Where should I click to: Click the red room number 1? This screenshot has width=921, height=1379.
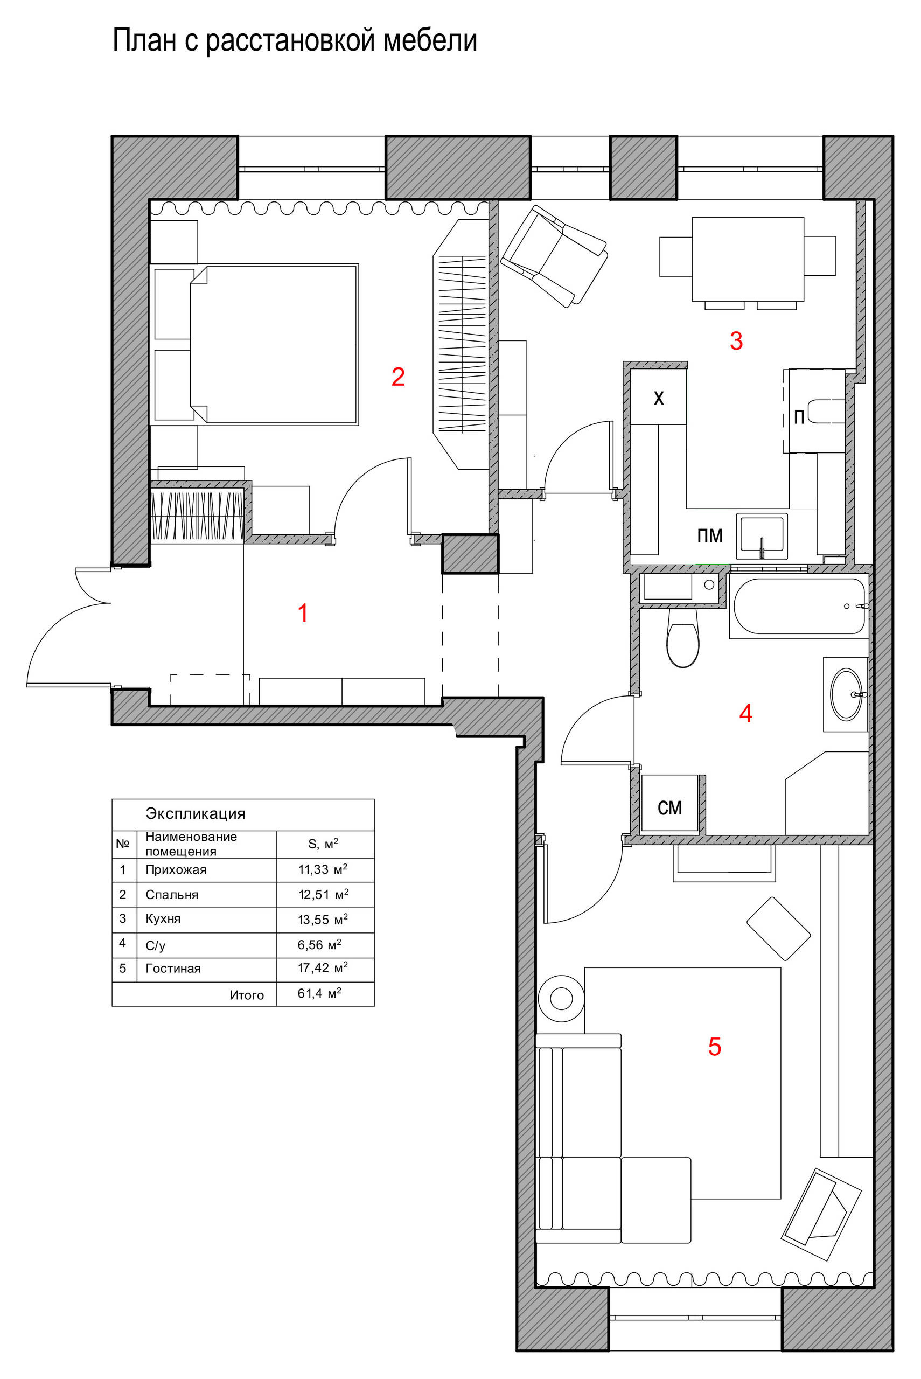(303, 613)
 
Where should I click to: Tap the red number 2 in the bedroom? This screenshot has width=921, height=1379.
(398, 377)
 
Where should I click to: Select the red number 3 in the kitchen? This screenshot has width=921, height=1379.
(736, 340)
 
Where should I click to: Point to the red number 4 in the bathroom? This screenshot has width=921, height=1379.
(745, 713)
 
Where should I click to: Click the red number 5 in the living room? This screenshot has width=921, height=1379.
(714, 1047)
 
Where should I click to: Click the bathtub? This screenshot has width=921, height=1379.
(799, 606)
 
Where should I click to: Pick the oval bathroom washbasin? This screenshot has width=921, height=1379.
(846, 694)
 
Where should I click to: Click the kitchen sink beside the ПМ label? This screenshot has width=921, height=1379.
(762, 535)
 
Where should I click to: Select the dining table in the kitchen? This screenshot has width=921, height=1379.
(748, 259)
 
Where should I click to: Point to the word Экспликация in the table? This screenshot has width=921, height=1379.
(196, 814)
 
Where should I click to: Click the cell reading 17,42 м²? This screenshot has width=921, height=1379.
(323, 967)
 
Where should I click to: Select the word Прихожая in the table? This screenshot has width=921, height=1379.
(176, 870)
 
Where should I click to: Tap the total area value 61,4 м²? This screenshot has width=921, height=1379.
(319, 993)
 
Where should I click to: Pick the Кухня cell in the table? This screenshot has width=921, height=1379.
(163, 918)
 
